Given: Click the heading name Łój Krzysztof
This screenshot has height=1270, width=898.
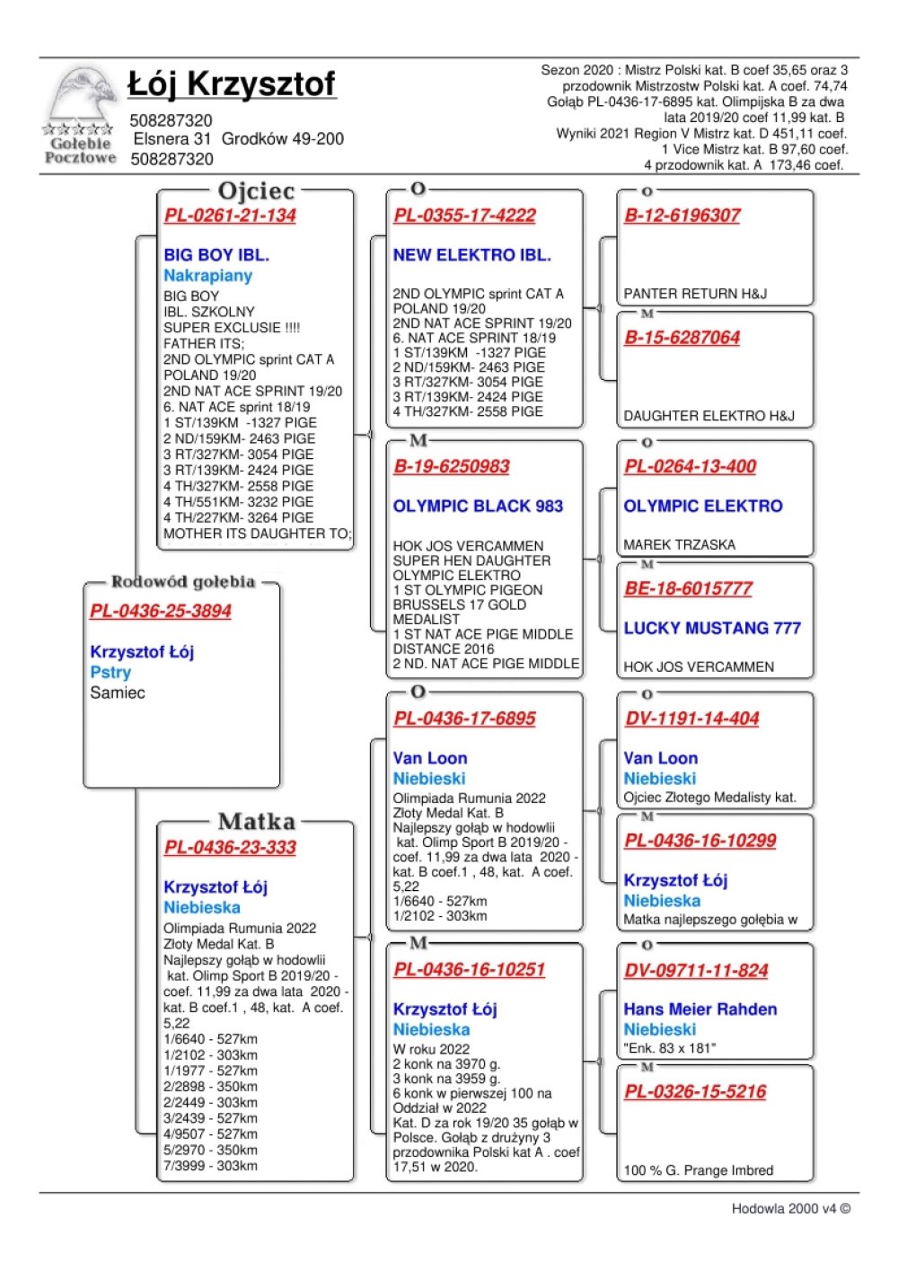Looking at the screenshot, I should [232, 84].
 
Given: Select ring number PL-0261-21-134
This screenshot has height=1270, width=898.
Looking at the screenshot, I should [230, 216].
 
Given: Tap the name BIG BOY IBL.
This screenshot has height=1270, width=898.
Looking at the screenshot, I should [216, 255].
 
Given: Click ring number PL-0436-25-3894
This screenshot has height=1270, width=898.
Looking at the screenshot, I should [161, 612].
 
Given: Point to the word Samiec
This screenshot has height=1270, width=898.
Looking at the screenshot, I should [117, 692].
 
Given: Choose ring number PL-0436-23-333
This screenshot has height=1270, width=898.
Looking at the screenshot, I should [230, 848].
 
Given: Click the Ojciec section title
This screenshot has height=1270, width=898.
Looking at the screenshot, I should [256, 191].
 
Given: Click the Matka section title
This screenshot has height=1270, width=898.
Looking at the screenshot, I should [256, 822].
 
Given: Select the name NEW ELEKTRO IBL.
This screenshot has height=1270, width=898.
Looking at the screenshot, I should [471, 255].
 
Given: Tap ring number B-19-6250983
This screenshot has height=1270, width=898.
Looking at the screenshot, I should [452, 467].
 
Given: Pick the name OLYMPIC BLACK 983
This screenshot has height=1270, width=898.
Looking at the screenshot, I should [478, 507].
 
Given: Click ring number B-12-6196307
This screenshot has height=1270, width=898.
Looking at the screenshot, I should [682, 216].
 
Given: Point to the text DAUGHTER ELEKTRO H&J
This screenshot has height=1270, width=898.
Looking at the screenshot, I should [709, 416].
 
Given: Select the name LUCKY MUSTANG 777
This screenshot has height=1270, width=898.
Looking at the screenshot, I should [712, 628].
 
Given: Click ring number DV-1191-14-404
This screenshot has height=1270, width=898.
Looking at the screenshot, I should [692, 719].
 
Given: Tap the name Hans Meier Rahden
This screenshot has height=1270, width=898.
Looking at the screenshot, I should [700, 1010].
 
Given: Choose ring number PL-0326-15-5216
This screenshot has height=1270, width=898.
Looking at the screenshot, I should [695, 1092].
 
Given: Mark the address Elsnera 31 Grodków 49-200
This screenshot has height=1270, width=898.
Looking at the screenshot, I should [238, 139].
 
